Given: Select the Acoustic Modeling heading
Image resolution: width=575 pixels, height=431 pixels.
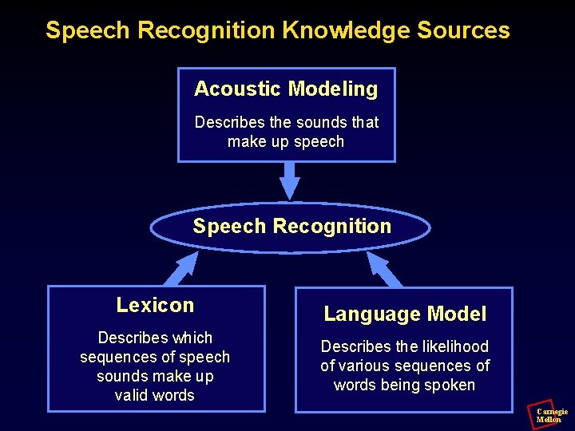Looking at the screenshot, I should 286,89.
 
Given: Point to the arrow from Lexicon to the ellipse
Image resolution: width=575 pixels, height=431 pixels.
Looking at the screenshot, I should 181,269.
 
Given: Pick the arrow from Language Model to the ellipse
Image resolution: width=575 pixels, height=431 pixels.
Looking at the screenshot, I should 385,270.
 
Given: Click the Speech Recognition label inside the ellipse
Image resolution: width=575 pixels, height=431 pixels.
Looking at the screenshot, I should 291,226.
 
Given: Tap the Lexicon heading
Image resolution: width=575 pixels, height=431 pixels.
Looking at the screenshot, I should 155,305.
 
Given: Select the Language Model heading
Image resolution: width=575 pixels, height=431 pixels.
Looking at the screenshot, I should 405,314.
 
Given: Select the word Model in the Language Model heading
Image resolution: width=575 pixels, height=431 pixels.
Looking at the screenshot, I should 458,314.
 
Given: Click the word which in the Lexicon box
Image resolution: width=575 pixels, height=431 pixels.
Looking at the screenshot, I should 192,338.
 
